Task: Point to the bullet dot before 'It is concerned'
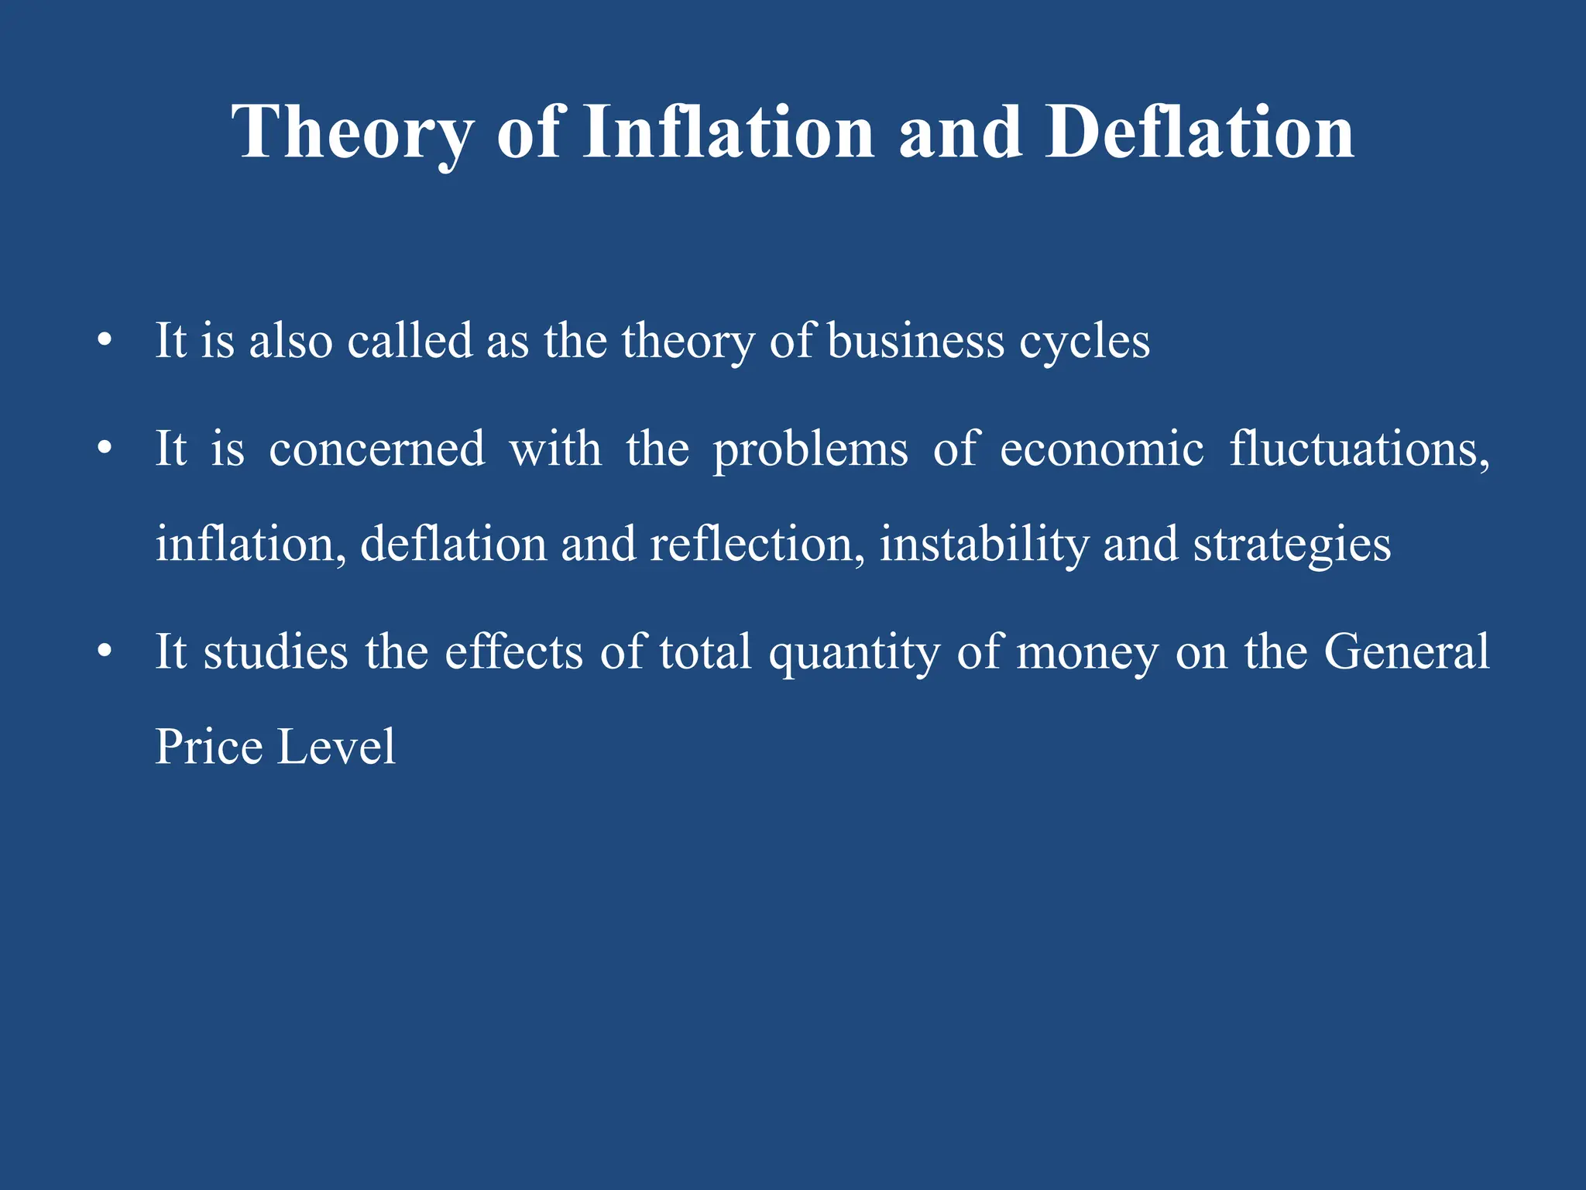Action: tap(105, 449)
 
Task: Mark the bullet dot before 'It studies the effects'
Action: tap(105, 652)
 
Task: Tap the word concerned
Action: tap(377, 449)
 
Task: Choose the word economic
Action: tap(1102, 449)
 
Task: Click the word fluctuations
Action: tap(1359, 449)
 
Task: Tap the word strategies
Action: tap(1292, 545)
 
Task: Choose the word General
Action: tap(1406, 652)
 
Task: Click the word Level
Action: tap(336, 747)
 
